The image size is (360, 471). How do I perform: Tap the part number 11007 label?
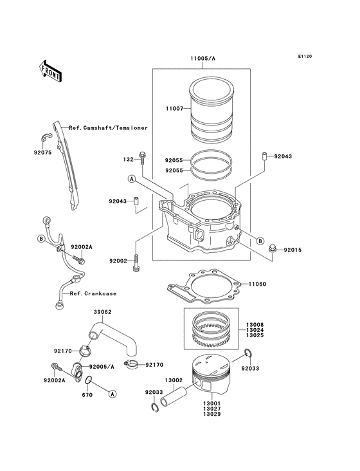174,109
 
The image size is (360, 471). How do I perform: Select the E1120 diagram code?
305,56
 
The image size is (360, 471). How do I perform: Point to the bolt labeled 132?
142,158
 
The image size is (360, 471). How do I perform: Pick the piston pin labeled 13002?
173,396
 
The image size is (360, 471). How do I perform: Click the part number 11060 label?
257,284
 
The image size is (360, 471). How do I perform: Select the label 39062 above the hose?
103,312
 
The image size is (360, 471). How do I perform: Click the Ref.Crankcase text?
93,293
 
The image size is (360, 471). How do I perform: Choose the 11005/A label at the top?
203,59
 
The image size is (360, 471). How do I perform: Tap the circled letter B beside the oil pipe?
41,239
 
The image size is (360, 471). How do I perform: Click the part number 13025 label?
255,335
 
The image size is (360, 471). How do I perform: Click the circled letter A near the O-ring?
113,394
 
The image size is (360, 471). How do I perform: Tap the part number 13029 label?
212,414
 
